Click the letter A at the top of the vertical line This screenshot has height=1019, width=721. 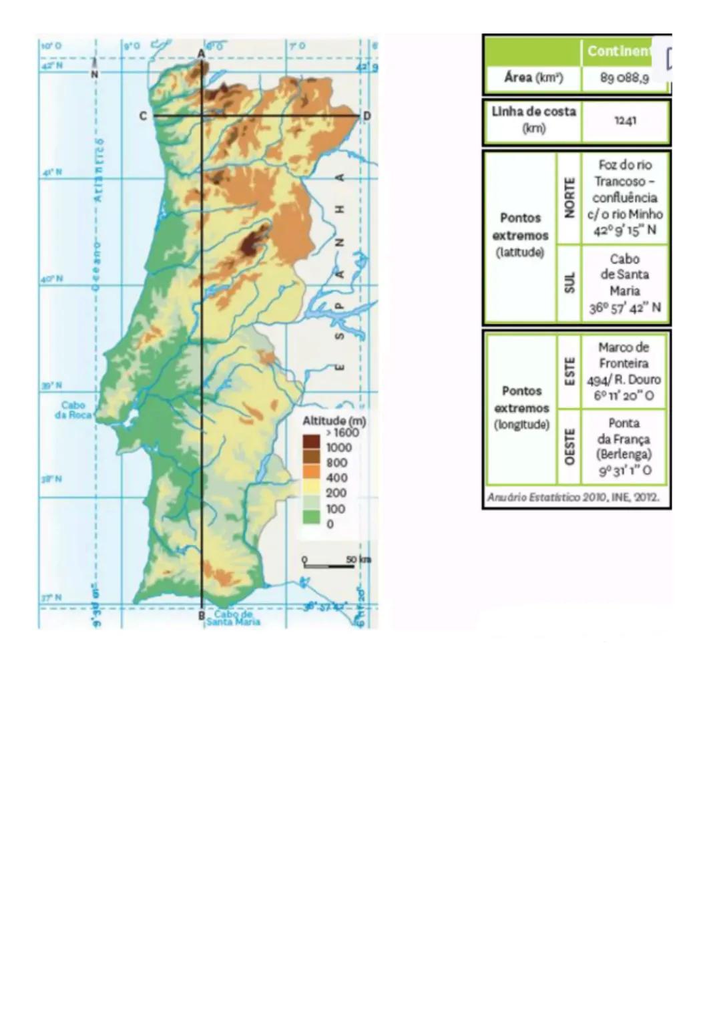pyautogui.click(x=201, y=53)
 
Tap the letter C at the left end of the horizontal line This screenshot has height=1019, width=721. pyautogui.click(x=143, y=116)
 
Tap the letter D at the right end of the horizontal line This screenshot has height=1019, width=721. pyautogui.click(x=367, y=116)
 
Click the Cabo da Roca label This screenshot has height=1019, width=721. pyautogui.click(x=73, y=409)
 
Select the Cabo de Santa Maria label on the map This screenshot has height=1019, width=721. pyautogui.click(x=233, y=618)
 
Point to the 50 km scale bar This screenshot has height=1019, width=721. pyautogui.click(x=329, y=565)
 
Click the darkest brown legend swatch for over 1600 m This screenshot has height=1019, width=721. pyautogui.click(x=311, y=441)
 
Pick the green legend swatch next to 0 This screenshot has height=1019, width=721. pyautogui.click(x=311, y=517)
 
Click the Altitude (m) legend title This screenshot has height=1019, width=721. pyautogui.click(x=334, y=421)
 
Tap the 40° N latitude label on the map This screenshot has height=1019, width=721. pyautogui.click(x=51, y=279)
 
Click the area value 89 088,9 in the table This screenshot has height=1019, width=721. pyautogui.click(x=624, y=78)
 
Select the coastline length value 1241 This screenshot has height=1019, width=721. pyautogui.click(x=625, y=121)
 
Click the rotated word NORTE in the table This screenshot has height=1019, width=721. pyautogui.click(x=569, y=198)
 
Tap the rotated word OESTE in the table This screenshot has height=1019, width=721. pyautogui.click(x=569, y=447)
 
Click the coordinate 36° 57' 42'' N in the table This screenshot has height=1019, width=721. pyautogui.click(x=625, y=308)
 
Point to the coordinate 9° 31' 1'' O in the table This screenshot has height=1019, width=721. pyautogui.click(x=625, y=471)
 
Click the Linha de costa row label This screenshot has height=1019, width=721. pyautogui.click(x=533, y=120)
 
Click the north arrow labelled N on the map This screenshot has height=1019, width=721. pyautogui.click(x=94, y=71)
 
